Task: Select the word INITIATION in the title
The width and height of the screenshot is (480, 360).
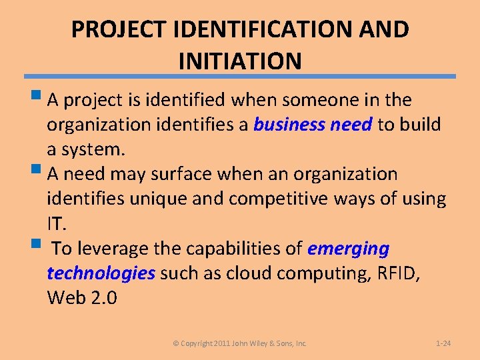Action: (240, 61)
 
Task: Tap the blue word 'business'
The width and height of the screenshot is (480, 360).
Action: (289, 125)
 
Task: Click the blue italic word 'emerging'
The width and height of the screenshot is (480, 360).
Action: (348, 249)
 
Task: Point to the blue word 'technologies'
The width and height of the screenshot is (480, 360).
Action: (101, 273)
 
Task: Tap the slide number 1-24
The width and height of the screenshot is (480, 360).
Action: (443, 343)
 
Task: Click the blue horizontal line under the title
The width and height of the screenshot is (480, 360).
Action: (240, 76)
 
